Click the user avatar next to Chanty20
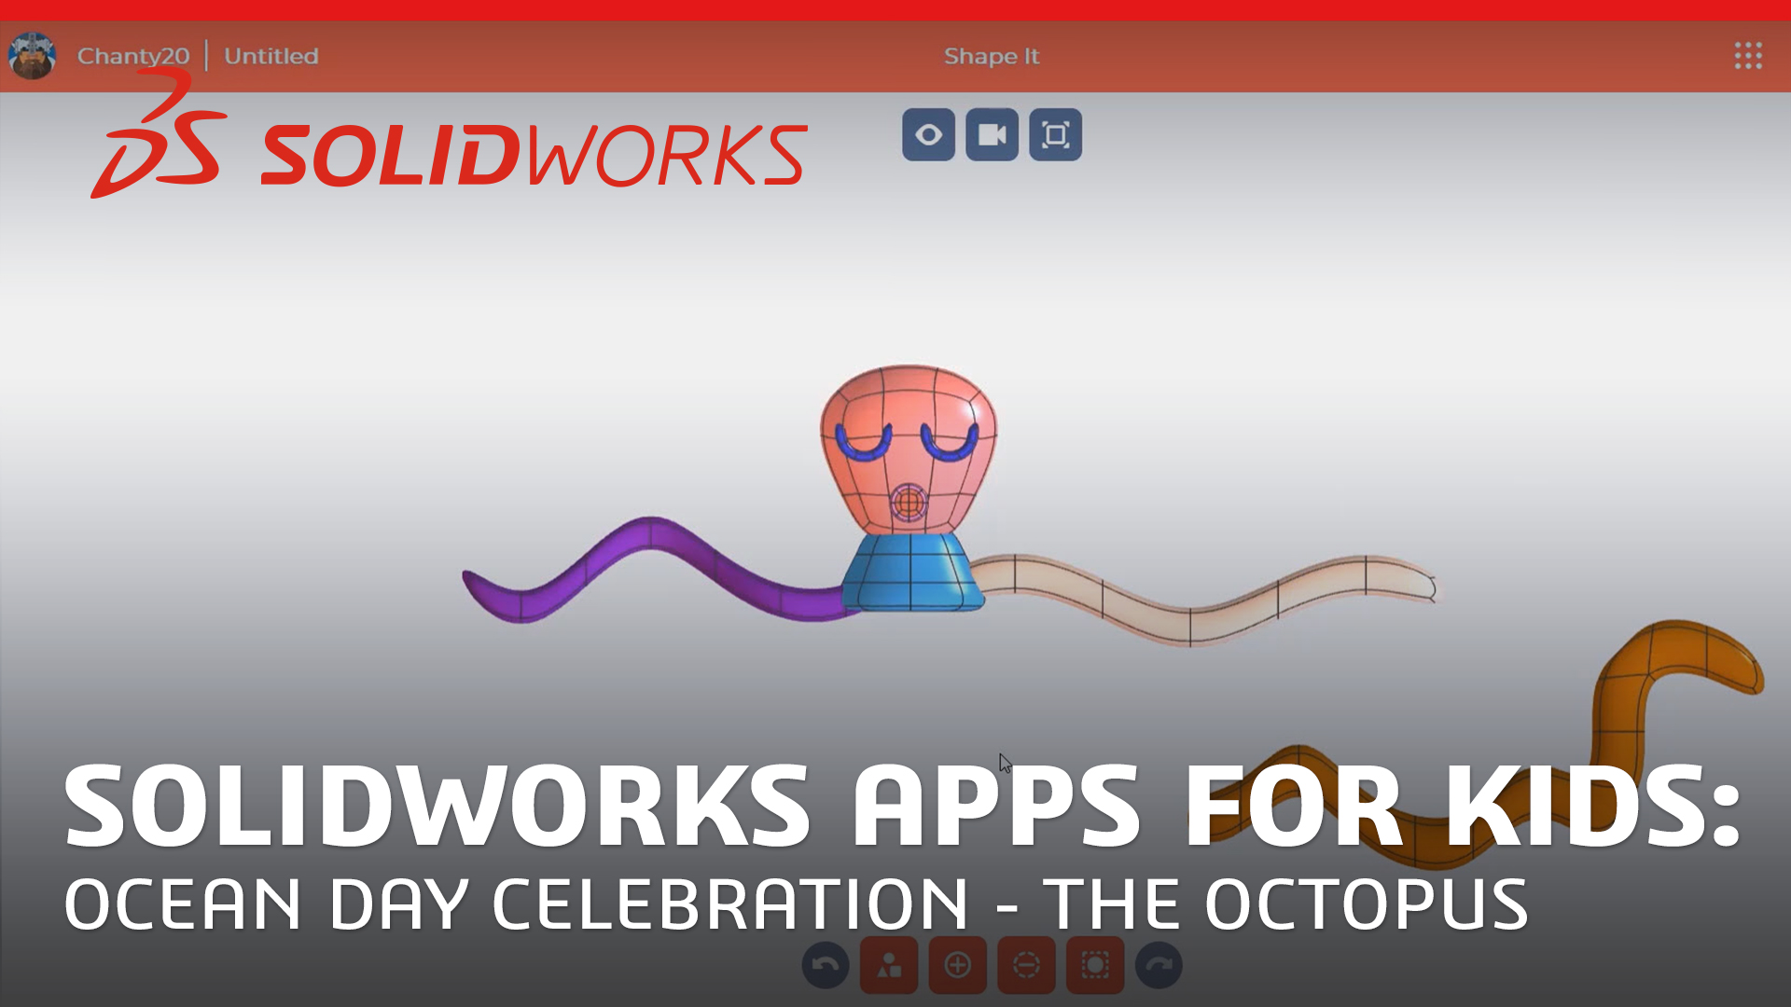[x=32, y=56]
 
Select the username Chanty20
[x=132, y=56]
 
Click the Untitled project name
[x=271, y=56]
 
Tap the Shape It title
[x=991, y=56]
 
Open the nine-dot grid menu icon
[x=1748, y=56]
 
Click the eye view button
[x=928, y=135]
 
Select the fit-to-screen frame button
[x=1055, y=135]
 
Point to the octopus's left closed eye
[x=864, y=444]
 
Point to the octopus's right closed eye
[x=950, y=444]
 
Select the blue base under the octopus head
[x=912, y=572]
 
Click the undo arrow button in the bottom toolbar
[x=826, y=965]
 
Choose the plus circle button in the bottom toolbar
[x=957, y=965]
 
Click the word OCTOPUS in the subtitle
[x=1366, y=904]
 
